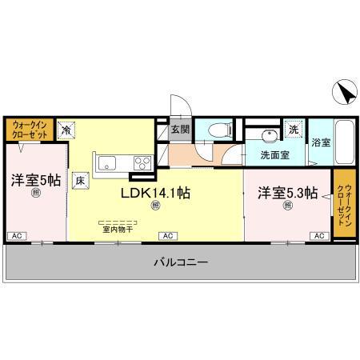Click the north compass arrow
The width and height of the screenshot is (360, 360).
coord(346,94)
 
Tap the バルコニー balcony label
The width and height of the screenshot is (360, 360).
coord(180,262)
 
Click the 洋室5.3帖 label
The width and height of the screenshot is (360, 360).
coord(287,193)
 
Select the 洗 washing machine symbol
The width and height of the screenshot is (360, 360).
coord(293,128)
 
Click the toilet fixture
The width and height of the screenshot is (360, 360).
coord(214,130)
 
